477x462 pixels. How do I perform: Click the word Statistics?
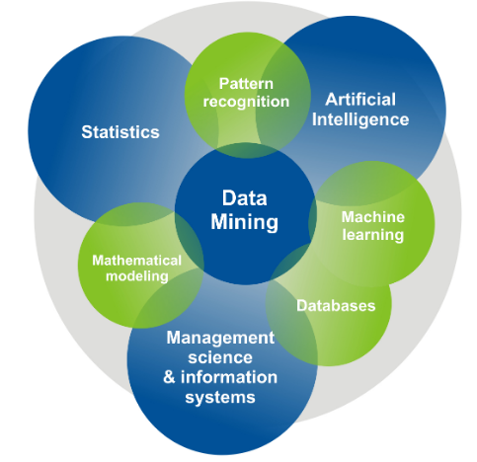pyautogui.click(x=120, y=132)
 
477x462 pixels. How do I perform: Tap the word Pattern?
pyautogui.click(x=246, y=84)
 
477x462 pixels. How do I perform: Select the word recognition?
pyautogui.click(x=246, y=102)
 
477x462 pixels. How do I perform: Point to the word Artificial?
pyautogui.click(x=360, y=100)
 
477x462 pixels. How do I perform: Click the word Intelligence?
pyautogui.click(x=360, y=119)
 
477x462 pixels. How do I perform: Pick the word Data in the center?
pyautogui.click(x=245, y=198)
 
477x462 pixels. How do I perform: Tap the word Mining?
pyautogui.click(x=245, y=222)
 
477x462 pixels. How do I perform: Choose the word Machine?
pyautogui.click(x=373, y=217)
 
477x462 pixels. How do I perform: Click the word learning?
pyautogui.click(x=373, y=235)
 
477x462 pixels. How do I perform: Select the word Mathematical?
pyautogui.click(x=137, y=261)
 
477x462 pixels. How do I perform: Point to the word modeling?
pyautogui.click(x=137, y=276)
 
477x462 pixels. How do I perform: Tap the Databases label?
pyautogui.click(x=336, y=306)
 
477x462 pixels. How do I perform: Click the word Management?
pyautogui.click(x=220, y=338)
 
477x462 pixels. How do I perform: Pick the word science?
pyautogui.click(x=220, y=357)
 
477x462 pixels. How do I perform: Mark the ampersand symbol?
pyautogui.click(x=169, y=377)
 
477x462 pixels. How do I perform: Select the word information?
pyautogui.click(x=229, y=377)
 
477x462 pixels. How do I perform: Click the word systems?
pyautogui.click(x=220, y=398)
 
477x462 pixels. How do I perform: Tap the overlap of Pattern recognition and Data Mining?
pyautogui.click(x=247, y=151)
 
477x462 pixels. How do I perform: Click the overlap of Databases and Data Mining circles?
pyautogui.click(x=289, y=263)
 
